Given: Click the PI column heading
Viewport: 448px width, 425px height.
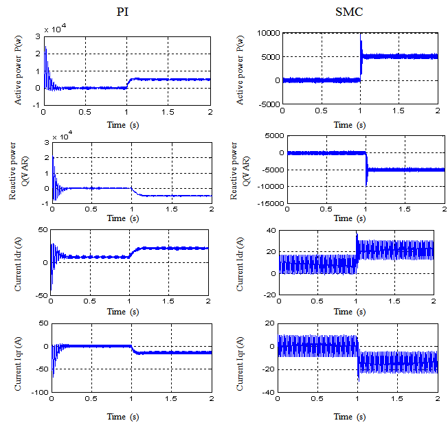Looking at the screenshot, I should tap(124, 12).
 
